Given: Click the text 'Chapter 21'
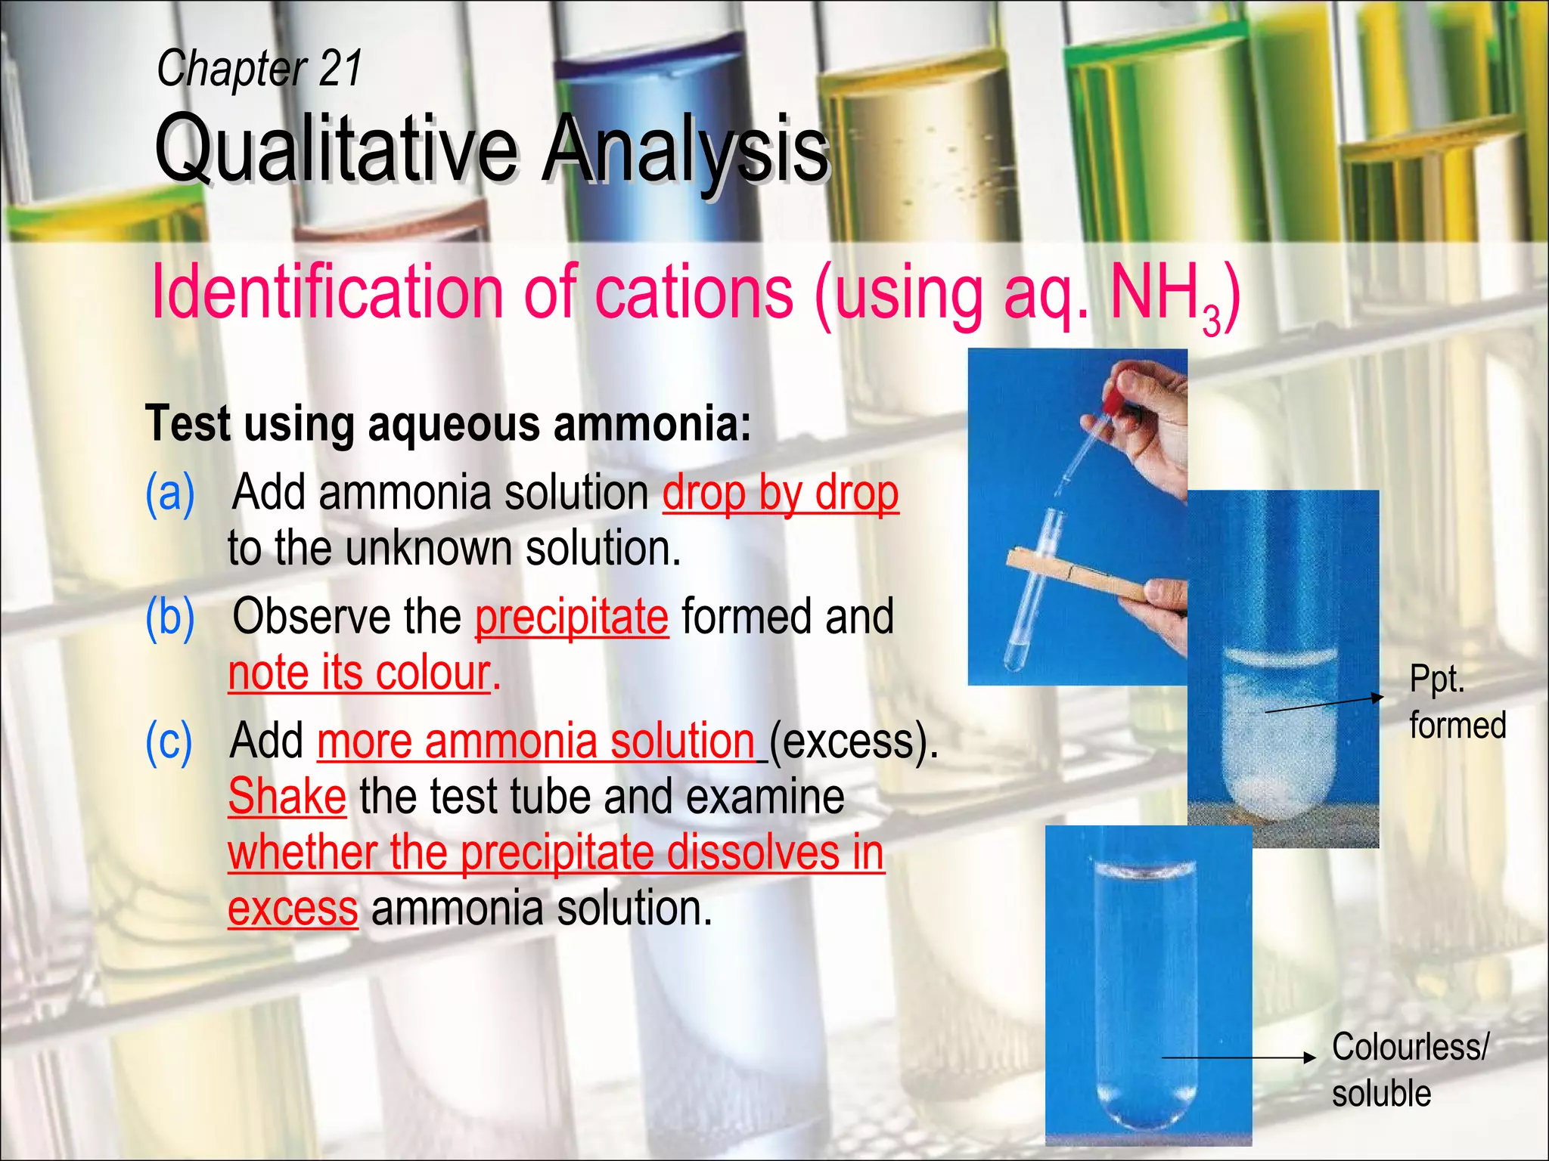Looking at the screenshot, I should point(259,68).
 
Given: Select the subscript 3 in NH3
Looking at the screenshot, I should point(1211,320).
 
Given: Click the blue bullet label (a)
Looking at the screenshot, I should point(170,493).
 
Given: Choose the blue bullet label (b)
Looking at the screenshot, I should point(170,617).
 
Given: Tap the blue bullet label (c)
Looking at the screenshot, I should point(169,741).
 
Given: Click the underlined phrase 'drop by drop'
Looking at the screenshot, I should point(781,493).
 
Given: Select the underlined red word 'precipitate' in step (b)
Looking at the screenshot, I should point(572,617).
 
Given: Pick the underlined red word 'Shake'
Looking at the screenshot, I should point(287,797).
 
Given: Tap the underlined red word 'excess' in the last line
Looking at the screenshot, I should point(293,908).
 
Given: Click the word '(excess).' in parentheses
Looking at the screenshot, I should point(853,741).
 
